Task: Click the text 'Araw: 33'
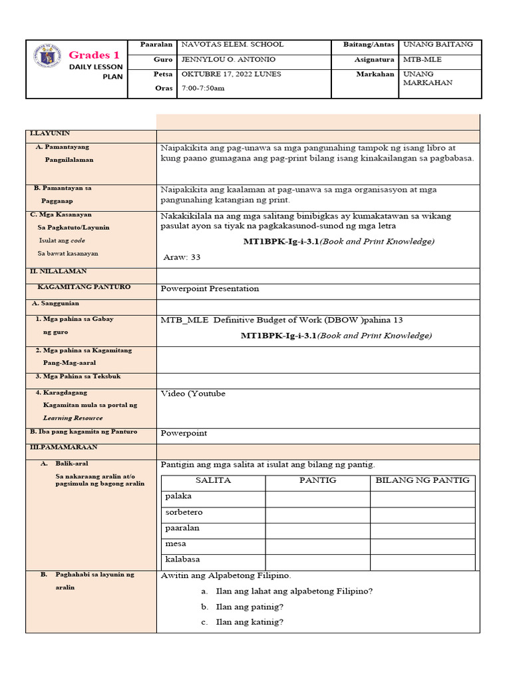182,257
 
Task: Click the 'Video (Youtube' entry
193,394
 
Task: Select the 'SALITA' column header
213,480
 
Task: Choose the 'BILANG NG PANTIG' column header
423,480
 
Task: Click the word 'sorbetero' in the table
184,512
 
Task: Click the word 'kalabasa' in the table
182,559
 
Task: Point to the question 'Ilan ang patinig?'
250,607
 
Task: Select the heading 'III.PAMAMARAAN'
63,447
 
